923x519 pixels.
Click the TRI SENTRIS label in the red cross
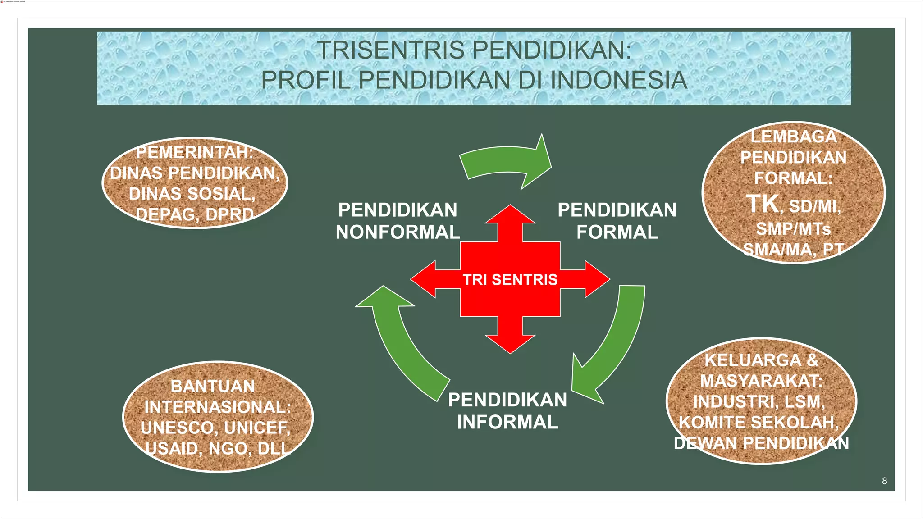coord(510,280)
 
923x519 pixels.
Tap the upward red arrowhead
coord(510,216)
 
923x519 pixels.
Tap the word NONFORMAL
coord(398,232)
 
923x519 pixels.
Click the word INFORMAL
coord(507,422)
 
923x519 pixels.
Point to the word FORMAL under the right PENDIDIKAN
coord(617,232)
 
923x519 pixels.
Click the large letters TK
coord(762,204)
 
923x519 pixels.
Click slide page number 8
coord(884,481)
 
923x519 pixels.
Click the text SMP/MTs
coord(793,229)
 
